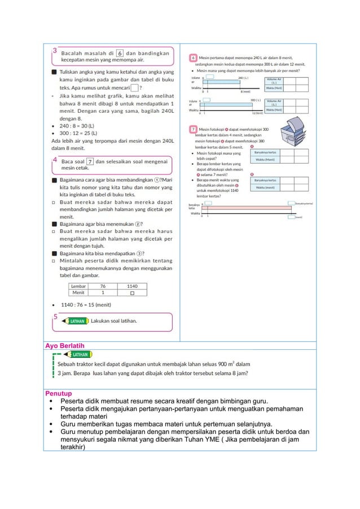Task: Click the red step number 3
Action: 55,51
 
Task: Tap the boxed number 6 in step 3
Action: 120,54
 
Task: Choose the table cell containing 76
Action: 102,286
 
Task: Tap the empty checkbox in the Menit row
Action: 131,293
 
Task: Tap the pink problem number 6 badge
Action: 193,58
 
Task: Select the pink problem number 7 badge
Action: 193,130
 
